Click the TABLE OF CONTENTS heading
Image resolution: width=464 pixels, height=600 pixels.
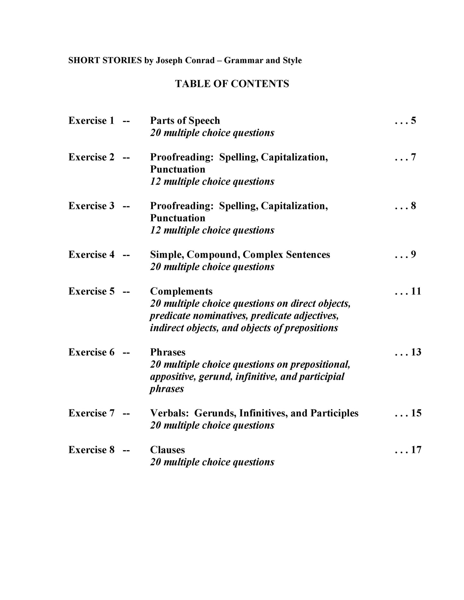pyautogui.click(x=232, y=84)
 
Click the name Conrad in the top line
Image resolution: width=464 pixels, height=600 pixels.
pyautogui.click(x=201, y=60)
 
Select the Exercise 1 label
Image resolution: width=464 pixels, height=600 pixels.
pyautogui.click(x=91, y=121)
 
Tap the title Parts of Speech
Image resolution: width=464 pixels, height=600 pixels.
pyautogui.click(x=185, y=121)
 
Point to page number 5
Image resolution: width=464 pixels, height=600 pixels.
pyautogui.click(x=413, y=121)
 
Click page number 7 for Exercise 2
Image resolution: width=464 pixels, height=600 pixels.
pyautogui.click(x=413, y=157)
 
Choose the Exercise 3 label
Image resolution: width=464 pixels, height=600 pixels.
pyautogui.click(x=91, y=206)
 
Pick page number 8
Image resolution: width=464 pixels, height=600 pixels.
pyautogui.click(x=413, y=206)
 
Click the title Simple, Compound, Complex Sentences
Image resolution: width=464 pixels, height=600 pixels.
pyautogui.click(x=240, y=255)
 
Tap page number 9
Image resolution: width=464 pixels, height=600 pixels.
pyautogui.click(x=413, y=255)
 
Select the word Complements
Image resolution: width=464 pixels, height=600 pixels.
pyautogui.click(x=181, y=291)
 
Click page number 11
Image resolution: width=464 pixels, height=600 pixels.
pyautogui.click(x=416, y=291)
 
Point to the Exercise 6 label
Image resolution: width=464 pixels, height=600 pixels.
pyautogui.click(x=91, y=352)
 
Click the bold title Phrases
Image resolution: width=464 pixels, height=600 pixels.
pyautogui.click(x=168, y=352)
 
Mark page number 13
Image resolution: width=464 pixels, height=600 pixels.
pyautogui.click(x=416, y=352)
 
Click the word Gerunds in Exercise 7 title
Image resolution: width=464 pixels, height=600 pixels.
pyautogui.click(x=215, y=413)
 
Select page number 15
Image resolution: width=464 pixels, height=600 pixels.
pyautogui.click(x=416, y=413)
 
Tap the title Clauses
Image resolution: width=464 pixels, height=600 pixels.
pyautogui.click(x=167, y=450)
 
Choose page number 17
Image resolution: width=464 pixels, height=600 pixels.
pyautogui.click(x=416, y=450)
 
